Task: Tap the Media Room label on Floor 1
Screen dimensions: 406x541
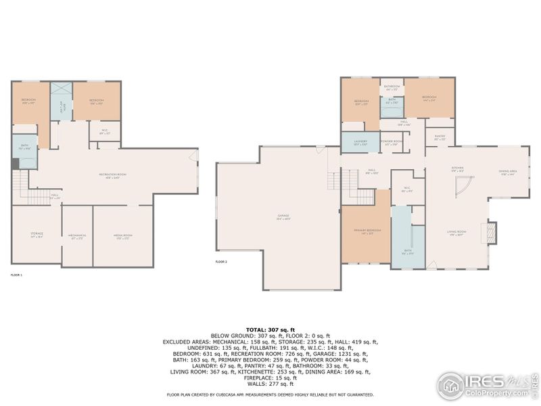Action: coord(123,235)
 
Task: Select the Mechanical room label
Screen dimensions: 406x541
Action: coord(77,235)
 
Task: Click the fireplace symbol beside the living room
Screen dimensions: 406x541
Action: coord(491,233)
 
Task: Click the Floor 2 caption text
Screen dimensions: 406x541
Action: coord(221,261)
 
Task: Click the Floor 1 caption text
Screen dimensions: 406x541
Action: coord(16,275)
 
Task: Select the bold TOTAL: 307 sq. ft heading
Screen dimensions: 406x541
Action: coord(270,329)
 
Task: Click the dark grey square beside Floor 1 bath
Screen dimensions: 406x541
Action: coord(15,164)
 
